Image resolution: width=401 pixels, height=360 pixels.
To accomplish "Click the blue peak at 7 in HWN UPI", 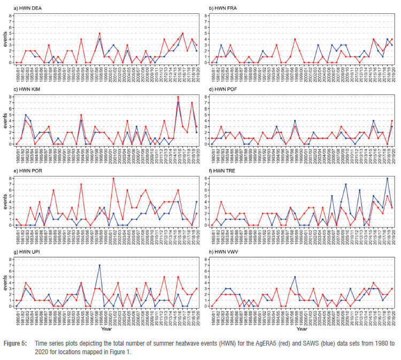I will (99, 265).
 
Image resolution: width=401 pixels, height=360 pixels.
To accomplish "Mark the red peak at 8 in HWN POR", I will (113, 178).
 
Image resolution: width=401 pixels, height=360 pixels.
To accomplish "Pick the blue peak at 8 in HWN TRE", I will (387, 178).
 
